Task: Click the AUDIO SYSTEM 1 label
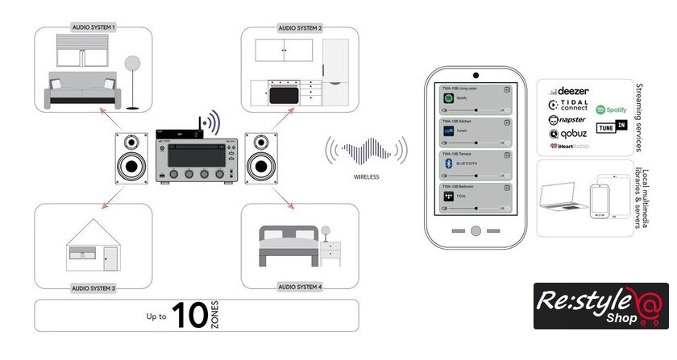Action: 93,27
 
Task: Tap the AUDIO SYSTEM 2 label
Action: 300,27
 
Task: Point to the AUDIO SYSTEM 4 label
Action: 300,287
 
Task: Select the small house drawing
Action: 93,242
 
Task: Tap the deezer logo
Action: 571,92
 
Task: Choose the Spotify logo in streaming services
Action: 612,109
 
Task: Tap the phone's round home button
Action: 475,230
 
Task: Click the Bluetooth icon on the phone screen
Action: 449,163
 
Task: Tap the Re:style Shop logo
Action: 600,306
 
